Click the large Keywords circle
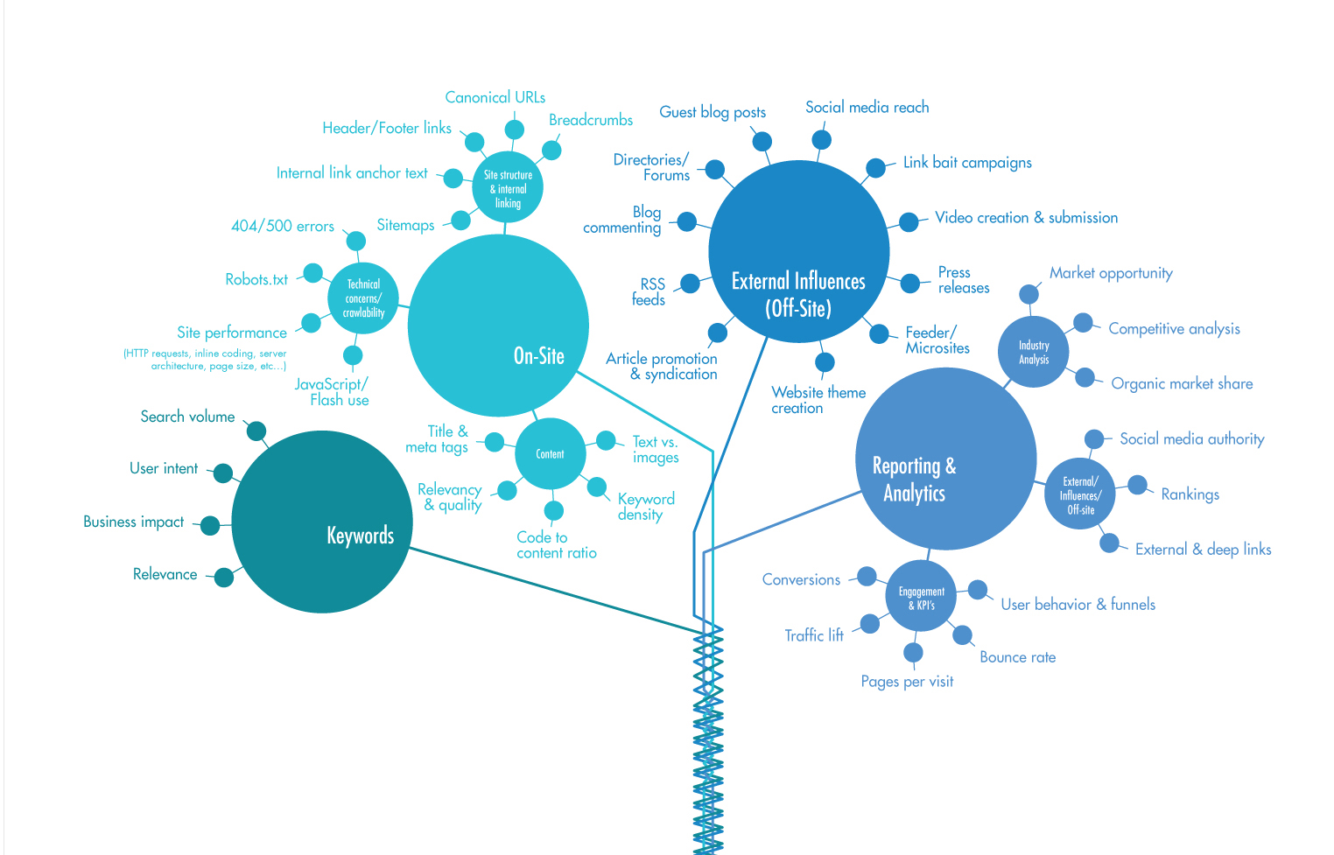pyautogui.click(x=321, y=522)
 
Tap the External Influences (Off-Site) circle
pyautogui.click(x=798, y=251)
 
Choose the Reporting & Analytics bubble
pyautogui.click(x=945, y=459)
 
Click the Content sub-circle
pyautogui.click(x=550, y=453)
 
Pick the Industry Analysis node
pyautogui.click(x=1034, y=352)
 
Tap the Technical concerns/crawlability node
pyautogui.click(x=363, y=298)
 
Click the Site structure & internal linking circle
pyautogui.click(x=508, y=187)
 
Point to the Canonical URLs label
pyautogui.click(x=495, y=97)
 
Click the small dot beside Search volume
pyautogui.click(x=256, y=431)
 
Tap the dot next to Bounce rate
pyautogui.click(x=962, y=635)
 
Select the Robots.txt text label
pyautogui.click(x=256, y=279)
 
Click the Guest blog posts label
pyautogui.click(x=713, y=112)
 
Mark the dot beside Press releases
pyautogui.click(x=910, y=284)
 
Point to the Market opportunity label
pyautogui.click(x=1111, y=273)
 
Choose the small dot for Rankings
pyautogui.click(x=1137, y=485)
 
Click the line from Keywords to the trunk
pyautogui.click(x=560, y=591)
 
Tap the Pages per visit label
pyautogui.click(x=907, y=682)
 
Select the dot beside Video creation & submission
pyautogui.click(x=909, y=222)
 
